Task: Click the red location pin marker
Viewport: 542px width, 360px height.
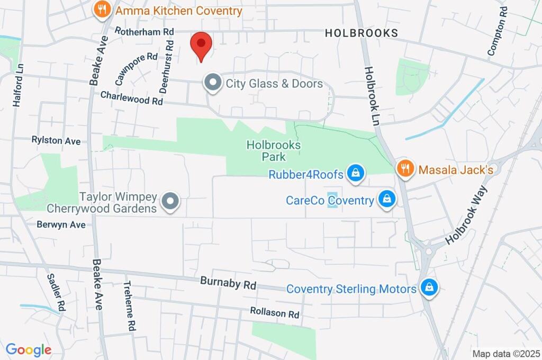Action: (x=201, y=44)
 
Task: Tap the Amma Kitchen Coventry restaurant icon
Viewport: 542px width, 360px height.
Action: (x=102, y=9)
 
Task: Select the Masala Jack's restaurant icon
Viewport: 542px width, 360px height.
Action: (x=405, y=169)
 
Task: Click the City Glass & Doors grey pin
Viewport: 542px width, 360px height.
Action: (x=213, y=83)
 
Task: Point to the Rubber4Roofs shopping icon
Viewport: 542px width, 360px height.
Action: (x=356, y=173)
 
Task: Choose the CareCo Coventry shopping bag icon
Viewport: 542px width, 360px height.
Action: (x=387, y=200)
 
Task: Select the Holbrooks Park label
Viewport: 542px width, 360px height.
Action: (x=274, y=151)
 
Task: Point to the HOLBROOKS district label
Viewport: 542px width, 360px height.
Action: (x=362, y=33)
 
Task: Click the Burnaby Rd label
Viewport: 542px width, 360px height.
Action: (x=228, y=283)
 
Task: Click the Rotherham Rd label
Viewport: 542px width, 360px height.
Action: (x=144, y=32)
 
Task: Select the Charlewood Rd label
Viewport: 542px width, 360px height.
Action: (x=131, y=97)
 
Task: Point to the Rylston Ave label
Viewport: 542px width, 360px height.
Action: (x=56, y=141)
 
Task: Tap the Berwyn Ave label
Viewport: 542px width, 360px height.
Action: (x=61, y=224)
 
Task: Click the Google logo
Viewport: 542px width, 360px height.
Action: (x=29, y=350)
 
